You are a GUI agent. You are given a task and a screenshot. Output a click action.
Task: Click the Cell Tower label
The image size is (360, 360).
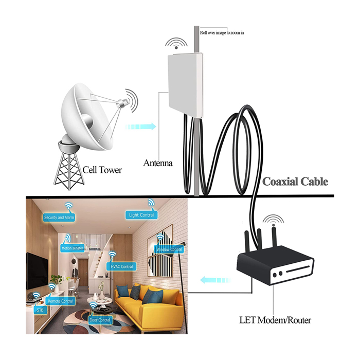102,170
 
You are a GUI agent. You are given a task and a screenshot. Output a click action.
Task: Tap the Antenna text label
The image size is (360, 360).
158,164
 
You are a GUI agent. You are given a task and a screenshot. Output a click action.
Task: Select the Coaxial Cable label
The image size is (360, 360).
295,182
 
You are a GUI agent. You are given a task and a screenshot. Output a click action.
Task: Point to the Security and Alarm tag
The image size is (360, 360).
59,218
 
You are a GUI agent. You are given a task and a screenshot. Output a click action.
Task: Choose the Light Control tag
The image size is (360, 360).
141,215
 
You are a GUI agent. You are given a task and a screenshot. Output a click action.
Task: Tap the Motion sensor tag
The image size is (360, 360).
72,248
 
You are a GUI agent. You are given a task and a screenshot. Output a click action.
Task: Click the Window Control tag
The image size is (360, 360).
169,249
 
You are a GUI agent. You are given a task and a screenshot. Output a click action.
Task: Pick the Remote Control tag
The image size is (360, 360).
60,301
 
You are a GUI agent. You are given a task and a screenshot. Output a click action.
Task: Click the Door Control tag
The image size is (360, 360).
100,320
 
